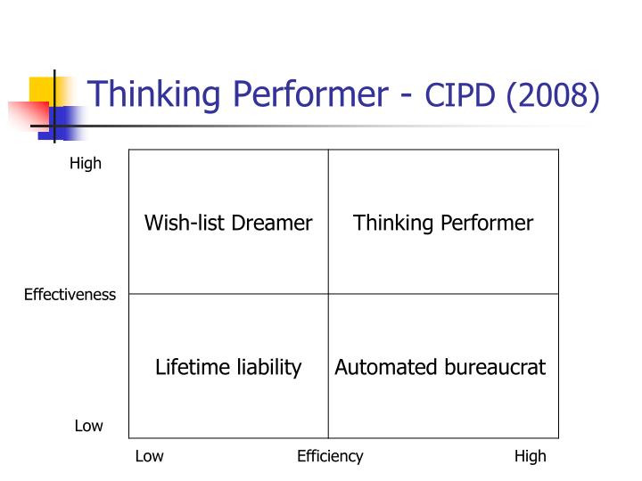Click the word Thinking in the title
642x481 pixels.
[x=146, y=93]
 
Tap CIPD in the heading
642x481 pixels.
[x=461, y=94]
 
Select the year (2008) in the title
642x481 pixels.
[x=553, y=94]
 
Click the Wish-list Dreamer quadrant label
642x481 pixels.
[x=228, y=223]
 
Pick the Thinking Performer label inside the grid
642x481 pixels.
[x=443, y=223]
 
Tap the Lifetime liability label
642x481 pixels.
[x=228, y=367]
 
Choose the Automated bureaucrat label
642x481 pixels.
[x=440, y=367]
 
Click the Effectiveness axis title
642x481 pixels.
[x=70, y=295]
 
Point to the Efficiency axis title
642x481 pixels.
[x=330, y=456]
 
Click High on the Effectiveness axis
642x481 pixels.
[x=86, y=164]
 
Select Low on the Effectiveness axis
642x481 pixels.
[x=88, y=426]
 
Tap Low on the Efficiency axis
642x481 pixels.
[x=149, y=456]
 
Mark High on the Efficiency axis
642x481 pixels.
[x=530, y=456]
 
